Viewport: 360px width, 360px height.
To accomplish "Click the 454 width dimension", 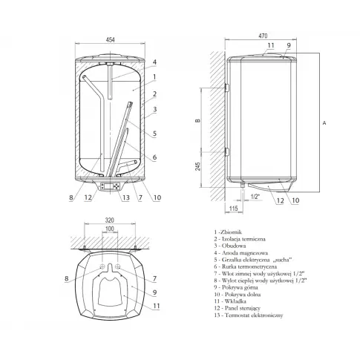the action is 110,39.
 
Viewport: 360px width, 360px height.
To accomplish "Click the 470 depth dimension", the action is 263,36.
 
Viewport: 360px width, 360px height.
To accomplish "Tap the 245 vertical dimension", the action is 197,166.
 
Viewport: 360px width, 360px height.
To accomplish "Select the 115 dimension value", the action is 233,208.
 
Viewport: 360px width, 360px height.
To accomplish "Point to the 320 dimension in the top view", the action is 110,220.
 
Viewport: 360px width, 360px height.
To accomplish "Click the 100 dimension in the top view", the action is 110,229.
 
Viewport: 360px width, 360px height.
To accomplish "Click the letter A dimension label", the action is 324,122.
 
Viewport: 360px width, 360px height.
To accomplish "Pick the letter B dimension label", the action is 197,120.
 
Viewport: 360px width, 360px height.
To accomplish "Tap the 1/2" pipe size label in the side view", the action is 255,197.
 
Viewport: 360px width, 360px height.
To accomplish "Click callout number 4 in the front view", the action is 154,62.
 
